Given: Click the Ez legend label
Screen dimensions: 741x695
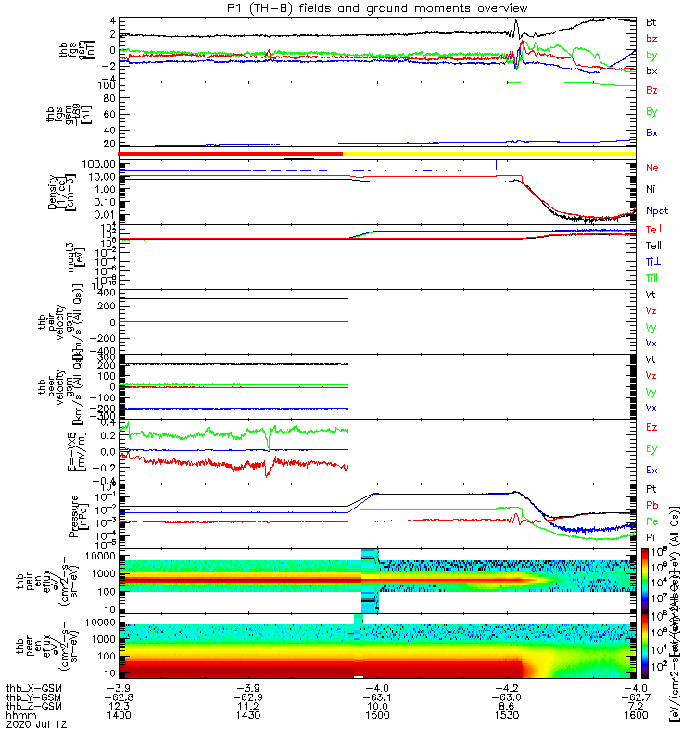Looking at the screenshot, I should tap(651, 428).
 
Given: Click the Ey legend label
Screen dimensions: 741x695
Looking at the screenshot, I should tap(651, 449).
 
